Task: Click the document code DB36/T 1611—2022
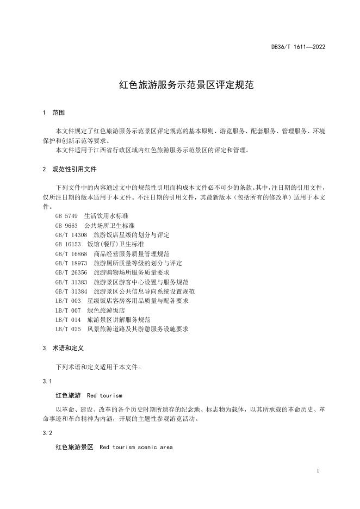pos(298,47)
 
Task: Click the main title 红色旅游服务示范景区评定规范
pos(179,85)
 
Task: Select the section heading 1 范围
pos(53,113)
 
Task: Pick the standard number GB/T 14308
pos(71,235)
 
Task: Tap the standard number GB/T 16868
pos(71,254)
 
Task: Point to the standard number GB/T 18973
pos(71,263)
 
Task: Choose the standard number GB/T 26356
pos(71,272)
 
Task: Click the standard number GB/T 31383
pos(71,282)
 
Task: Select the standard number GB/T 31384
pos(71,291)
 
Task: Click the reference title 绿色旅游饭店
pos(106,311)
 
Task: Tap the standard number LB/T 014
pos(68,320)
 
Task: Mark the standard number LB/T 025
pos(68,329)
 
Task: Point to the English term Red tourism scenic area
pos(136,447)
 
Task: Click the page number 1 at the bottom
pos(317,471)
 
